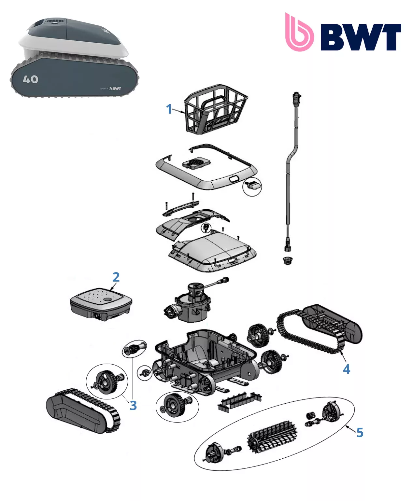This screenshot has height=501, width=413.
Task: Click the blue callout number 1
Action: [169, 109]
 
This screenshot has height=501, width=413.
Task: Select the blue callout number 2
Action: [116, 277]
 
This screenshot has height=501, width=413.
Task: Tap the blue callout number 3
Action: [133, 406]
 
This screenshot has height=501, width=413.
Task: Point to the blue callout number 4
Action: [347, 369]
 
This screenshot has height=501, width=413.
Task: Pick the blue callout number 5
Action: [360, 433]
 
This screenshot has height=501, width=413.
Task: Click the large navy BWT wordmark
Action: [361, 37]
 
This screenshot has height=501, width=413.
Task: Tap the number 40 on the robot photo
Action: [31, 79]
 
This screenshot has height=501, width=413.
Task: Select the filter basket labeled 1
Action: [215, 109]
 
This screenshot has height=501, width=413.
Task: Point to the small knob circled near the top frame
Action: [253, 186]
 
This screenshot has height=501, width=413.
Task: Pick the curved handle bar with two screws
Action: [181, 208]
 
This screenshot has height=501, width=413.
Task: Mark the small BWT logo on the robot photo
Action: [115, 88]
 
